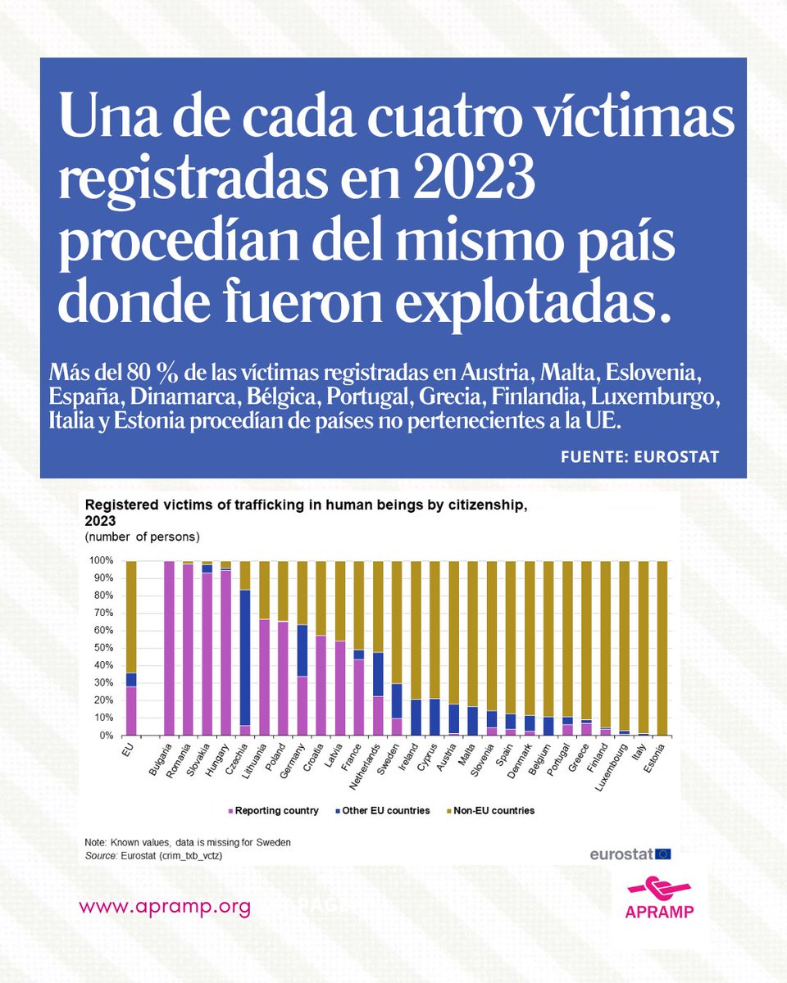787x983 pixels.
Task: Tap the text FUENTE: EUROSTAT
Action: click(x=639, y=456)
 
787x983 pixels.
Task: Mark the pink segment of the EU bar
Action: click(x=130, y=711)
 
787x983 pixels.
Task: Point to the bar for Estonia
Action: click(x=660, y=647)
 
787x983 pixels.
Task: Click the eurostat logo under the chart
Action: click(x=630, y=854)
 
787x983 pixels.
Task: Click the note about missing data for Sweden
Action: click(x=188, y=843)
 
